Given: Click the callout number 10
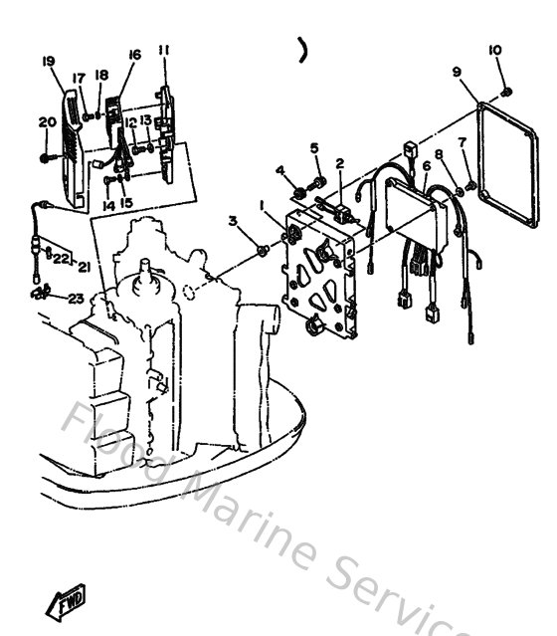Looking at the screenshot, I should (495, 50).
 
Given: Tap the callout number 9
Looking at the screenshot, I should (456, 71).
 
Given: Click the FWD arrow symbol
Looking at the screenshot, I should (66, 601).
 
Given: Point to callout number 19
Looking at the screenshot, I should (47, 62).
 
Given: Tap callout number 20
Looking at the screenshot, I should (46, 122).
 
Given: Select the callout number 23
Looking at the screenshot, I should (76, 298).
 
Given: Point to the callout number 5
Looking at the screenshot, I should (314, 148).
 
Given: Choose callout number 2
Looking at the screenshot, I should (339, 163).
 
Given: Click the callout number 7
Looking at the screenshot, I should (462, 142).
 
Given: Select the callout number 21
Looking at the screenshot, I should (85, 266).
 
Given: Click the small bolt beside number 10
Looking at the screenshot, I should (507, 92).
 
